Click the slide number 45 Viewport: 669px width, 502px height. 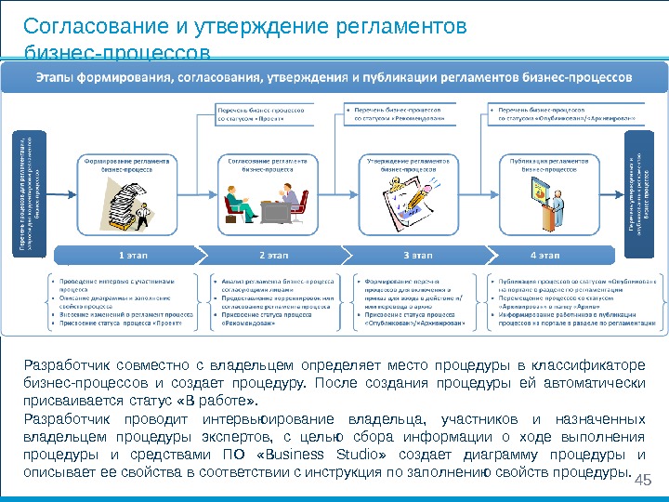tap(640, 480)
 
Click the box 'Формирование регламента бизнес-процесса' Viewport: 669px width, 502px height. tap(128, 165)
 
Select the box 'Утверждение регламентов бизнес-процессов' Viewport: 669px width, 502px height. tap(409, 165)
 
